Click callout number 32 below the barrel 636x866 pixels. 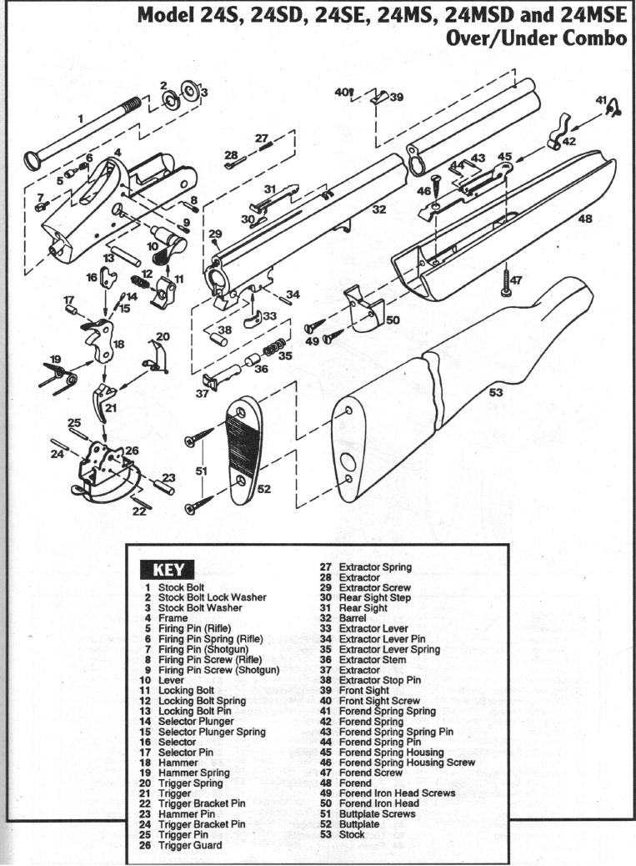coord(379,209)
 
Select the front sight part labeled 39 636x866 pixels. coord(378,98)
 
